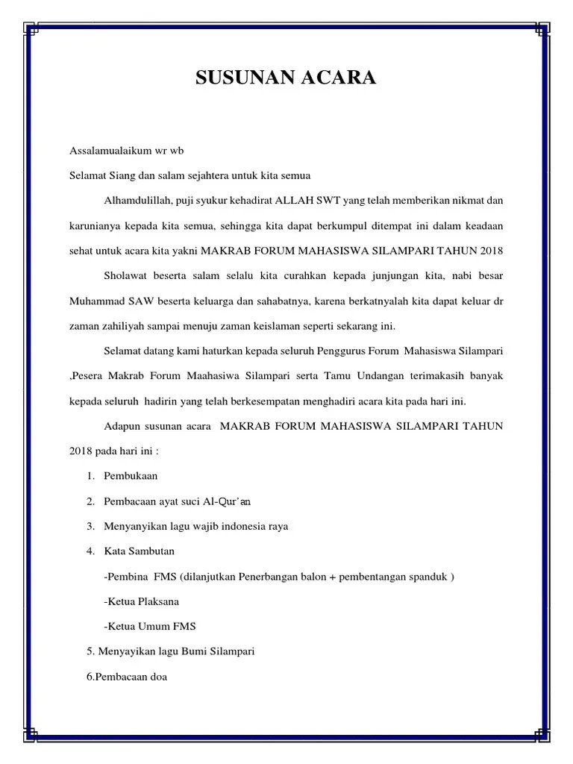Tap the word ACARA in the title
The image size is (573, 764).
point(339,78)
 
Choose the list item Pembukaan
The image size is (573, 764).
point(131,475)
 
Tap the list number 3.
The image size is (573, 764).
point(90,526)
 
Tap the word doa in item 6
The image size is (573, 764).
point(158,677)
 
